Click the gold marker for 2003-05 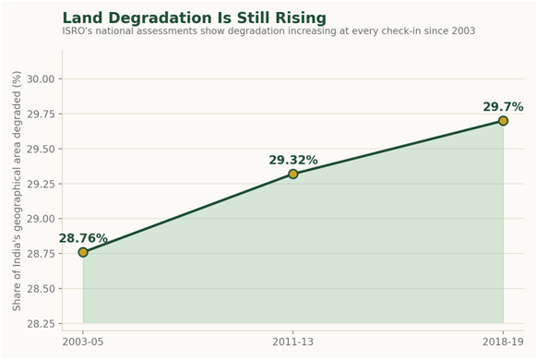(x=83, y=252)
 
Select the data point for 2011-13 (x=293, y=174)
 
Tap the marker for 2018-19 (x=503, y=121)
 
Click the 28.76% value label (x=83, y=238)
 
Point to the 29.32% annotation (x=293, y=160)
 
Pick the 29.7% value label (x=503, y=107)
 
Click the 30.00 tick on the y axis (x=41, y=79)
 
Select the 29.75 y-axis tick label (x=41, y=114)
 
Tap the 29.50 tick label (x=41, y=149)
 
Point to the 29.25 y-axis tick (x=41, y=184)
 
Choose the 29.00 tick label (x=41, y=219)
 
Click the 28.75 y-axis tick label (x=41, y=254)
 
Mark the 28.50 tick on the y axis (x=41, y=289)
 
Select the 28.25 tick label (x=41, y=324)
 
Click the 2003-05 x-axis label (x=83, y=342)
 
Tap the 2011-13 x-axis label (x=293, y=342)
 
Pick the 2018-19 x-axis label (x=503, y=342)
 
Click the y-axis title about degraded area (x=17, y=191)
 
